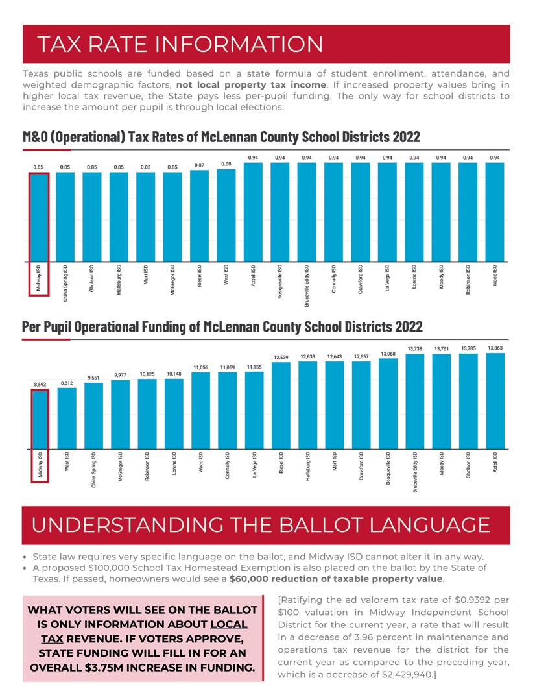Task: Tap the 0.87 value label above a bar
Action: click(200, 165)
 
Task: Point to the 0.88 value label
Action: click(226, 164)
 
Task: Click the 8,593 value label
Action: click(40, 385)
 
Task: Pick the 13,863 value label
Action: click(495, 348)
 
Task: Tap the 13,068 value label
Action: click(388, 354)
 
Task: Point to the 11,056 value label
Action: click(200, 367)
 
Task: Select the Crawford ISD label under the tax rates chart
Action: click(361, 279)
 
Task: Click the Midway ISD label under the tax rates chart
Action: click(40, 278)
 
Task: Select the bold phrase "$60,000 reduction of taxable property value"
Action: click(337, 578)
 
